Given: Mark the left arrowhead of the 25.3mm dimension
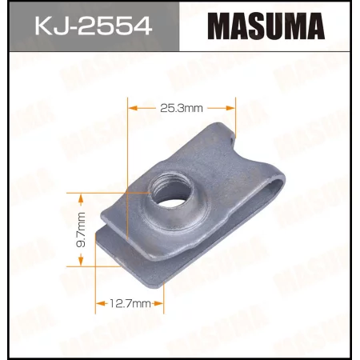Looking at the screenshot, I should (133, 106).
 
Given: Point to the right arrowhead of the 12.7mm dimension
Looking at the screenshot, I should (162, 304).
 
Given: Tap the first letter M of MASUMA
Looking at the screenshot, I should (208, 32).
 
